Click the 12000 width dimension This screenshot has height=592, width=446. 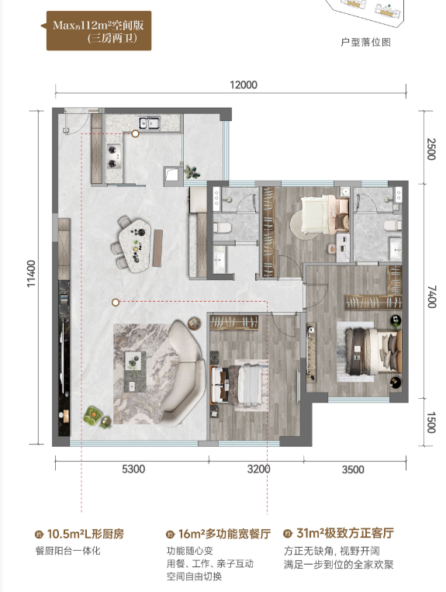click(244, 85)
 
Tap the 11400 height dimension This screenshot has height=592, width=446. click(31, 273)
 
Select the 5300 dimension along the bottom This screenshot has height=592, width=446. click(133, 469)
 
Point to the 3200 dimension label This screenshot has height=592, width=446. click(258, 469)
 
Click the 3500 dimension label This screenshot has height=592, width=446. click(353, 469)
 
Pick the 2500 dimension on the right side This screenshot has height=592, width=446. click(431, 149)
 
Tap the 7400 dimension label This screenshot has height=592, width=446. click(432, 296)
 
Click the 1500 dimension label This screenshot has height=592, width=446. click(431, 423)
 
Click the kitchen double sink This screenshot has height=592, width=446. click(149, 123)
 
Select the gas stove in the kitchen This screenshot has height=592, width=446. click(112, 157)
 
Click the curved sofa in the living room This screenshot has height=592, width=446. click(182, 372)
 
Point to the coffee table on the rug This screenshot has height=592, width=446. click(135, 371)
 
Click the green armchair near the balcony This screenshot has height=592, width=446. click(92, 415)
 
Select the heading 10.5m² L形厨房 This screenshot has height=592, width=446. click(85, 534)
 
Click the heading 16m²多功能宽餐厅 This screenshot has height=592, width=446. click(224, 534)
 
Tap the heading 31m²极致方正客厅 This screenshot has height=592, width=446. click(345, 533)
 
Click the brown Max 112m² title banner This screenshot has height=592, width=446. click(99, 30)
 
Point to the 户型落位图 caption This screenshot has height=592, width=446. click(365, 42)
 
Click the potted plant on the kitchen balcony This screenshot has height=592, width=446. click(192, 172)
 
